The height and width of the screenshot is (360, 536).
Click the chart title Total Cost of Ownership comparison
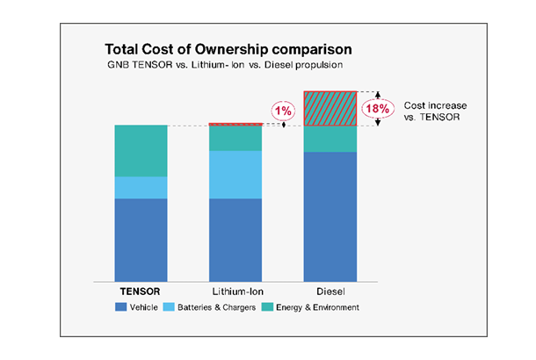[x=228, y=49]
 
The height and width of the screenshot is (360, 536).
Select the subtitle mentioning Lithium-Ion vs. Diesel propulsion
[x=225, y=65]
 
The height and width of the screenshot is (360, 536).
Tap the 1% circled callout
[x=284, y=111]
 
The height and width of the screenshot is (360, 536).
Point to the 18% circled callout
[x=378, y=109]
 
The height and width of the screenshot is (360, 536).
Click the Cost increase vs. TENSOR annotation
[x=435, y=112]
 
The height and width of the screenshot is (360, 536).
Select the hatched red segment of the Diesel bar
[x=330, y=109]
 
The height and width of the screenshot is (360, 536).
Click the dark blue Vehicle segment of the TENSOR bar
[x=141, y=240]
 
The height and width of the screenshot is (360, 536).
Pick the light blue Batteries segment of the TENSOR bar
[x=141, y=188]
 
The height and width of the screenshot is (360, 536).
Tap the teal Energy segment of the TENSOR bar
[x=141, y=151]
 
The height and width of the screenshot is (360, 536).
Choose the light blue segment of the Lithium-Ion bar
[x=235, y=175]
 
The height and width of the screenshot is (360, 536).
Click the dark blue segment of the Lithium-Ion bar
[x=235, y=240]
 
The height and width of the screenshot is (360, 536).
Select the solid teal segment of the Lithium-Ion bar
[x=235, y=139]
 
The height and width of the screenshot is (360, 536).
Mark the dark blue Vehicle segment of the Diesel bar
[x=330, y=217]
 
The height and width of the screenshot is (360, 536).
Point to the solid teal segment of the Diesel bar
[x=330, y=139]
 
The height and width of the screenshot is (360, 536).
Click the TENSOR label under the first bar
[x=141, y=292]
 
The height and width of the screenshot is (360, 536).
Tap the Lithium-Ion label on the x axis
[x=238, y=292]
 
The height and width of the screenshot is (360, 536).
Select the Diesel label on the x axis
[x=330, y=292]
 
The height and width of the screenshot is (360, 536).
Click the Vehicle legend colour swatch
[x=120, y=307]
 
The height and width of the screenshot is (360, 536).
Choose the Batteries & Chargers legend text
[x=217, y=307]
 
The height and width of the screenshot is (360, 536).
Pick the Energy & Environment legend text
[x=317, y=307]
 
